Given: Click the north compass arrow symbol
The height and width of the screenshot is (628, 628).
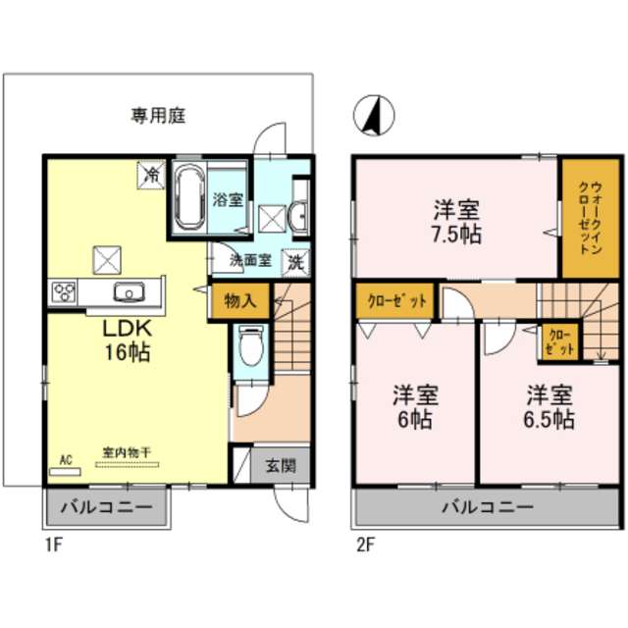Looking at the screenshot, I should pyautogui.click(x=373, y=116).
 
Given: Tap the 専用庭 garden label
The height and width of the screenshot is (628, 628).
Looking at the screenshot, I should pyautogui.click(x=158, y=116).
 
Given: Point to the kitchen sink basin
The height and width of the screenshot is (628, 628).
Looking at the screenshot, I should pyautogui.click(x=130, y=291).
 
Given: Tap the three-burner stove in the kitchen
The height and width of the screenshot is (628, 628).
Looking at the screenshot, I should pyautogui.click(x=65, y=291).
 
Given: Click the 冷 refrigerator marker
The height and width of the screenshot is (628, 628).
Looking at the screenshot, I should pyautogui.click(x=152, y=175).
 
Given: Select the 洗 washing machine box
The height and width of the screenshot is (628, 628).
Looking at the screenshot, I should pyautogui.click(x=295, y=263).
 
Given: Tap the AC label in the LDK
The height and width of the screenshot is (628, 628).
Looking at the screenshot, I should pyautogui.click(x=67, y=459).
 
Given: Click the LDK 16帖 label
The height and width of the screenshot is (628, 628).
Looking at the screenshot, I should pyautogui.click(x=128, y=340).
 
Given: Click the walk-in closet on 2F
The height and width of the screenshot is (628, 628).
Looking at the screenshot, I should pyautogui.click(x=582, y=218).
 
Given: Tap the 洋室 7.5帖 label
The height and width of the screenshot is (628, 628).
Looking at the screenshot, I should pyautogui.click(x=457, y=222).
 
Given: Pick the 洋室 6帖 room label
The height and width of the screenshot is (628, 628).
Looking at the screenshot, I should pyautogui.click(x=414, y=405).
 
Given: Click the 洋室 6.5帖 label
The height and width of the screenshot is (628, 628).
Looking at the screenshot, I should pyautogui.click(x=548, y=405).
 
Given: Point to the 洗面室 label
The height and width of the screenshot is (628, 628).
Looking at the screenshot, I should pyautogui.click(x=247, y=261).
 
